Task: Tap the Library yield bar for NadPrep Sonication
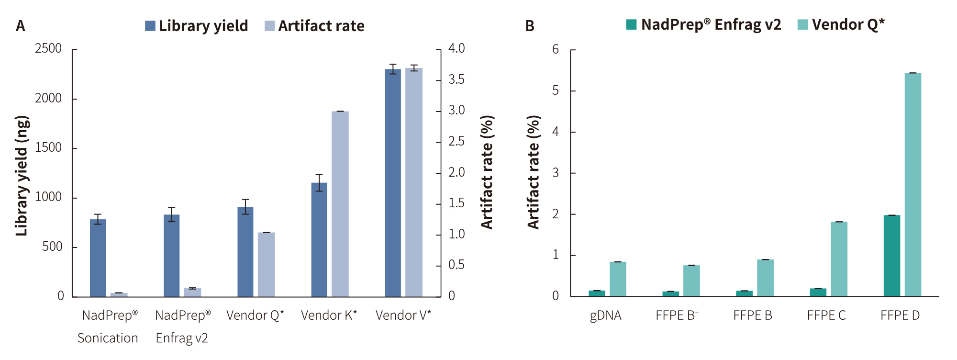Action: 98,258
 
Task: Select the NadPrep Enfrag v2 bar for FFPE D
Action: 891,256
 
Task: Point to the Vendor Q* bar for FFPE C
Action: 839,259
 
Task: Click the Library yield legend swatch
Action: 150,26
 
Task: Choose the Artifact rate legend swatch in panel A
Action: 270,26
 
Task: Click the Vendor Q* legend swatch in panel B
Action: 802,24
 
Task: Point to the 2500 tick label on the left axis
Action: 48,48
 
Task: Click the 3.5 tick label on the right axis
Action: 456,79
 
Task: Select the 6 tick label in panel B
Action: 555,49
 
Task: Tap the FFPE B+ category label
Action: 677,315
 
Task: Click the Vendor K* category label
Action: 329,315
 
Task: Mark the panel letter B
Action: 530,26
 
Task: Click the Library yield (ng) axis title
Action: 22,176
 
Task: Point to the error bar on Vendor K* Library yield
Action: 319,182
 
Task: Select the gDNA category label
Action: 605,315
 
